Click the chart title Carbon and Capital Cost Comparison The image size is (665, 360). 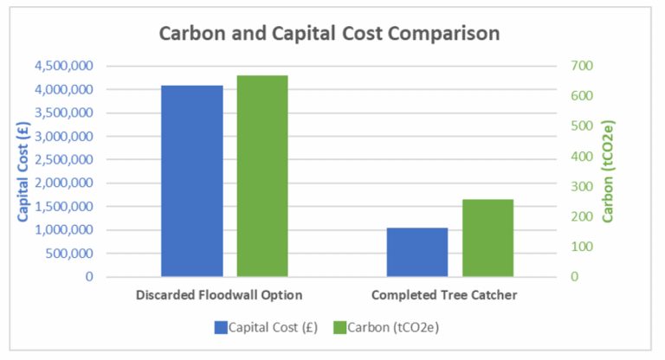pyautogui.click(x=329, y=35)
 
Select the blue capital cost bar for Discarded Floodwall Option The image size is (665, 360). pyautogui.click(x=191, y=181)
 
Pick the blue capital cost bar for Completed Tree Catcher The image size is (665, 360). pyautogui.click(x=416, y=252)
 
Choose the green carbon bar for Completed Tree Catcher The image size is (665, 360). pyautogui.click(x=487, y=238)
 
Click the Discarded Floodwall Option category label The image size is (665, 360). pyautogui.click(x=219, y=295)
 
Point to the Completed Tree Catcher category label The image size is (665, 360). pyautogui.click(x=444, y=295)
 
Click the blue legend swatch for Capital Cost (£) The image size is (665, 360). pyautogui.click(x=222, y=327)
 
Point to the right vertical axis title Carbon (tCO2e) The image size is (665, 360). pyautogui.click(x=608, y=171)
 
